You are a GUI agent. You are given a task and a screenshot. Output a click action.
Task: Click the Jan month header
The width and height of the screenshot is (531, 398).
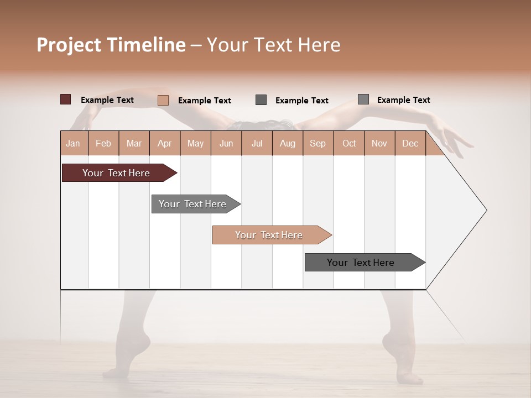click(x=73, y=143)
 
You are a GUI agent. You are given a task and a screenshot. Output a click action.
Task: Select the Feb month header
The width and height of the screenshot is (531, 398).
click(x=103, y=143)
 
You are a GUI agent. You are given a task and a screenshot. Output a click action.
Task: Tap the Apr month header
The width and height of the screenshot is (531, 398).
click(x=165, y=143)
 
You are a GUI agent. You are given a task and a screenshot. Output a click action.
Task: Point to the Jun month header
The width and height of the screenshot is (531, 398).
click(x=226, y=143)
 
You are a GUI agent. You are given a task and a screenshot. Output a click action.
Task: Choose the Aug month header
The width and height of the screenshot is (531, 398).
click(x=288, y=143)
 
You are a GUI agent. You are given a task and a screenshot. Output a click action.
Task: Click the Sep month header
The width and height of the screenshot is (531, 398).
click(x=318, y=143)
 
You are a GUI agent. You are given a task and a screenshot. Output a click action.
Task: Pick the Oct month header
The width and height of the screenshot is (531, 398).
click(x=349, y=143)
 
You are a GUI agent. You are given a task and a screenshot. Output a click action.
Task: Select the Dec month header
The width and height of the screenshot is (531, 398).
click(x=410, y=143)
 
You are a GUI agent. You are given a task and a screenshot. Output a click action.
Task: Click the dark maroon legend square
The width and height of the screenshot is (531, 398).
click(x=66, y=99)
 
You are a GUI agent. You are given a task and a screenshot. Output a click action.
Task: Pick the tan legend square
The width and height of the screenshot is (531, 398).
click(x=163, y=100)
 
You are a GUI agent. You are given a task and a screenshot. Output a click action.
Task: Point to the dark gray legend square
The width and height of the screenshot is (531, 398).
click(x=261, y=100)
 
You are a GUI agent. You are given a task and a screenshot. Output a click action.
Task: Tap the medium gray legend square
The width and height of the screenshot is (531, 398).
click(x=363, y=99)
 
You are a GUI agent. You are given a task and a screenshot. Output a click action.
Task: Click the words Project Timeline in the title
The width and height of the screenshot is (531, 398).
click(x=111, y=45)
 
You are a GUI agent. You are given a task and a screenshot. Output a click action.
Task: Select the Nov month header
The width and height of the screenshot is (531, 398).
click(x=379, y=143)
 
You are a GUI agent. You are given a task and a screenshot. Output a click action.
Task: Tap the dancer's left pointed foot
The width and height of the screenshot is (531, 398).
click(x=136, y=348)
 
